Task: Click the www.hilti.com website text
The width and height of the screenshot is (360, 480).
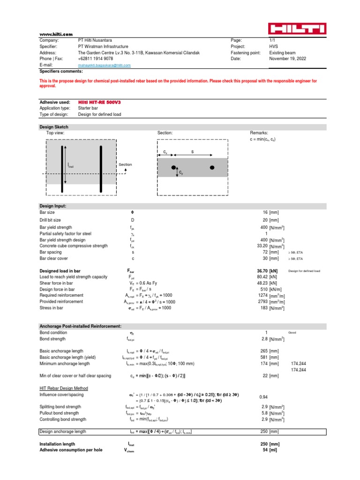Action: coord(56,34)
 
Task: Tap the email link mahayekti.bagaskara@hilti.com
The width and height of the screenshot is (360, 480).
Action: coord(104,66)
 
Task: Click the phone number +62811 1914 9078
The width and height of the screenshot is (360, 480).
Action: coord(95,59)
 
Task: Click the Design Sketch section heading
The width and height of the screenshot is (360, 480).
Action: coord(54,127)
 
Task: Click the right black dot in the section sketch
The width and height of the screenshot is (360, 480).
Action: coord(212,167)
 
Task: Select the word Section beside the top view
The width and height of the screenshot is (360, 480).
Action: coord(125,165)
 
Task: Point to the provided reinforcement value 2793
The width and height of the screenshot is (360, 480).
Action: coord(262,302)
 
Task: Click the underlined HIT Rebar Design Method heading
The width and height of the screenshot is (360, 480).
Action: coord(64,388)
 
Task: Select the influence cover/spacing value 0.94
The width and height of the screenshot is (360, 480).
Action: coord(263,397)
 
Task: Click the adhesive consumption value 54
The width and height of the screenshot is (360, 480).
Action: coord(264,450)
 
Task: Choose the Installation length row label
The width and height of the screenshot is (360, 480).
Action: coord(57,443)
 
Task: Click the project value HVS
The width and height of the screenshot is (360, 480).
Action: coord(273,47)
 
